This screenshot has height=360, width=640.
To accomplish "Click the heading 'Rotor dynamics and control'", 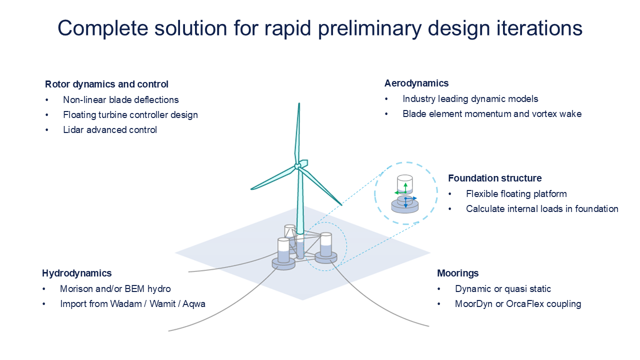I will [x=106, y=84].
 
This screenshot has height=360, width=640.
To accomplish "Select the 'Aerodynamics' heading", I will [x=416, y=83].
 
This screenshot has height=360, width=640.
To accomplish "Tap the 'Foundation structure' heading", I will [x=494, y=178].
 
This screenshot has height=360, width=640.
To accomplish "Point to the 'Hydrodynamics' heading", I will [x=76, y=273].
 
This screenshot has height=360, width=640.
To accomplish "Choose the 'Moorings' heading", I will [x=457, y=273].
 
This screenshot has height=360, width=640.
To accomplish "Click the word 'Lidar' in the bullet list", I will [x=73, y=130].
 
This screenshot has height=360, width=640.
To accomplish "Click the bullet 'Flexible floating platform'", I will [x=516, y=194].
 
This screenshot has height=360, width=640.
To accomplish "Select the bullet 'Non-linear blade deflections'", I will [x=120, y=100].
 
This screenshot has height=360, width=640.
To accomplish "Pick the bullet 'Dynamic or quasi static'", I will [x=502, y=289].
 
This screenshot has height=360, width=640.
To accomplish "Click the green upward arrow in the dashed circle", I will [x=405, y=186].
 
